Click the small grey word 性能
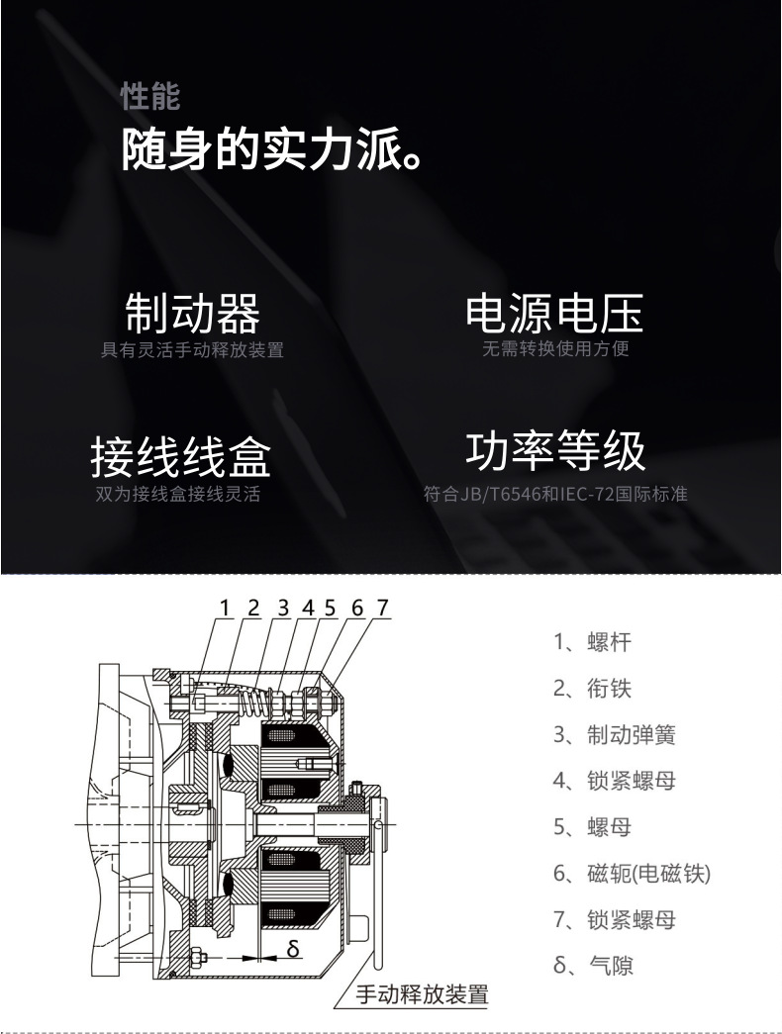[x=150, y=96]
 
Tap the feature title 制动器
[x=193, y=314]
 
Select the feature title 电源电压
[x=554, y=314]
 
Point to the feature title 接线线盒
[x=181, y=456]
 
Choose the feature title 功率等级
[x=555, y=452]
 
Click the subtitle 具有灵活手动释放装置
[x=192, y=349]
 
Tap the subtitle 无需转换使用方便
[x=555, y=348]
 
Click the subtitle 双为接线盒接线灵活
[x=178, y=494]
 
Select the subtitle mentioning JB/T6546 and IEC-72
[x=555, y=494]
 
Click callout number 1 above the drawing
[x=226, y=608]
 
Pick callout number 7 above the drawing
[x=383, y=608]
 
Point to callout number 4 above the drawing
[x=308, y=608]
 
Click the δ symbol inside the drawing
[x=293, y=948]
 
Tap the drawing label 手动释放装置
[x=423, y=993]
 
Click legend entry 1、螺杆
[x=592, y=641]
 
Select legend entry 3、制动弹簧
[x=615, y=734]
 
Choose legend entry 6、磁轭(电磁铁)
[x=632, y=874]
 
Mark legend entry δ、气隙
[x=593, y=966]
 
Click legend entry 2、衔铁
[x=592, y=689]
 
